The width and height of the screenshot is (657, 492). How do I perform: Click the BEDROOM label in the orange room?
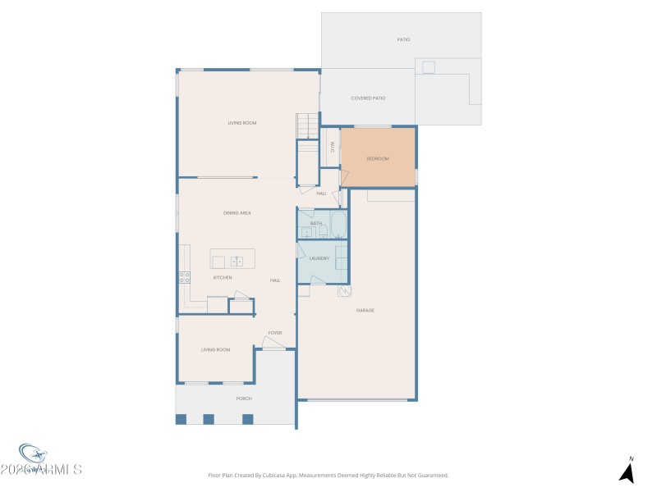[378, 158]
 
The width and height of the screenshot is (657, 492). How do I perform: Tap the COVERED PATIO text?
[368, 98]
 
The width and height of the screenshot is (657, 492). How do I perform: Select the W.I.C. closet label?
[333, 147]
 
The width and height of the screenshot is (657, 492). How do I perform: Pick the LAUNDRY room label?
[319, 258]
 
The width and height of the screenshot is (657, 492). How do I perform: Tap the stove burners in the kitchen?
[185, 278]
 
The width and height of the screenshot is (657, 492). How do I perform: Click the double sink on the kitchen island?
[237, 262]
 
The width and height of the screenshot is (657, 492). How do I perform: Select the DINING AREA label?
[237, 213]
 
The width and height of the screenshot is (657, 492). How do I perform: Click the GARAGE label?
[365, 310]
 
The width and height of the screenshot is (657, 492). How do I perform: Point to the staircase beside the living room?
[306, 126]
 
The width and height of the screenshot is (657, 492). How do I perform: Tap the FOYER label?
[274, 333]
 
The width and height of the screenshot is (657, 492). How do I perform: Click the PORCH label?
[244, 399]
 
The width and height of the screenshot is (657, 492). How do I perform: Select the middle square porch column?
[209, 419]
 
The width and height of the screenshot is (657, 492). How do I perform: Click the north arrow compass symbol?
[627, 472]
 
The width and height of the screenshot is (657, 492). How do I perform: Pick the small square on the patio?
[429, 67]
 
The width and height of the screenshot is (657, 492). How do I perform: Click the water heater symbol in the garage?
[345, 291]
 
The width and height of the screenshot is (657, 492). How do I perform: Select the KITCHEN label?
[223, 278]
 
